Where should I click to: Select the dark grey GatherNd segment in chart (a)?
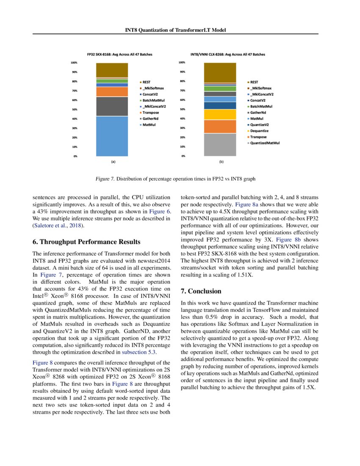pyautogui.click(x=112, y=106)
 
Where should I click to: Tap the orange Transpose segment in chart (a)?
pyautogui.click(x=112, y=92)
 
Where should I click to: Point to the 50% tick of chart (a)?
pyautogui.click(x=74, y=109)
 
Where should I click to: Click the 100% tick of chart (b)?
pyautogui.click(x=182, y=62)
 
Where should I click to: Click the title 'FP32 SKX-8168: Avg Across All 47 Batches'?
pyautogui.click(x=119, y=55)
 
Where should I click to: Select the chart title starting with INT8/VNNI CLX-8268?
pyautogui.click(x=228, y=55)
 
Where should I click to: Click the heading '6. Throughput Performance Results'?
pyautogui.click(x=86, y=242)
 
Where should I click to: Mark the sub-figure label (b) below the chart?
pyautogui.click(x=221, y=162)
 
